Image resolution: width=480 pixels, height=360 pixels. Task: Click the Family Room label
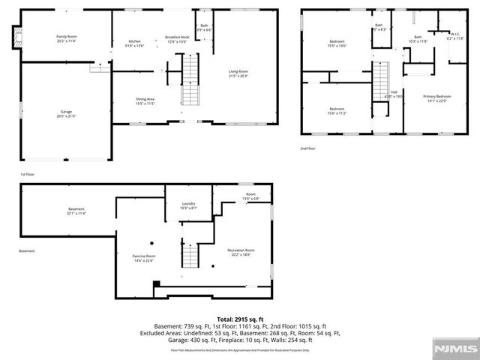click(x=67, y=39)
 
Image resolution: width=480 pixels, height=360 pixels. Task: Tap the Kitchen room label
click(x=134, y=43)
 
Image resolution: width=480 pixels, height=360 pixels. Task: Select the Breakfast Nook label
click(x=177, y=40)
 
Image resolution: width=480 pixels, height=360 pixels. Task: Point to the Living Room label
click(x=238, y=73)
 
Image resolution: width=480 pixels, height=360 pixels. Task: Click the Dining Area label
click(x=145, y=101)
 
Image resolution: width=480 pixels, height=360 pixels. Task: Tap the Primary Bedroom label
click(x=436, y=98)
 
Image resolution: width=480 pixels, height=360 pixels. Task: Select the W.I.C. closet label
click(x=455, y=36)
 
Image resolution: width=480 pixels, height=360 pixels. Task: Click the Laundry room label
click(x=190, y=206)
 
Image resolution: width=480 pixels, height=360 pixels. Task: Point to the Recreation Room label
click(x=241, y=252)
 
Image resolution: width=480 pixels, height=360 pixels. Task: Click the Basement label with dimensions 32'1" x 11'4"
click(x=76, y=211)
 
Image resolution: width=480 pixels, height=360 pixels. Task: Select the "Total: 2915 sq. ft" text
click(x=239, y=319)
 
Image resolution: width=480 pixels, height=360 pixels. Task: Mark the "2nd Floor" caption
click(x=307, y=148)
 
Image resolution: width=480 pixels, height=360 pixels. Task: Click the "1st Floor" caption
click(x=28, y=174)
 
